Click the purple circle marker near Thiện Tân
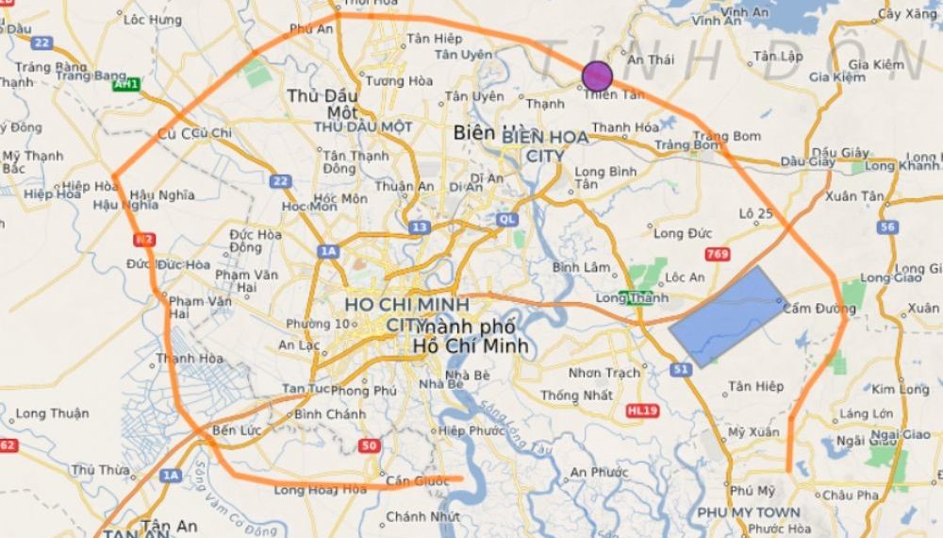click(597, 76)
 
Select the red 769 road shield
click(717, 254)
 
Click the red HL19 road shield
click(641, 411)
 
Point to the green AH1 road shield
click(125, 85)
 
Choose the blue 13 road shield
click(420, 227)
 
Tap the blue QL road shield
click(508, 219)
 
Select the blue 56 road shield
click(886, 227)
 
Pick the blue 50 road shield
click(370, 446)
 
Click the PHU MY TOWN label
click(749, 512)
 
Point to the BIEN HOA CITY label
click(545, 146)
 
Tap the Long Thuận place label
click(52, 413)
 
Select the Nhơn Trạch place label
click(604, 373)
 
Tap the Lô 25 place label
click(756, 213)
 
